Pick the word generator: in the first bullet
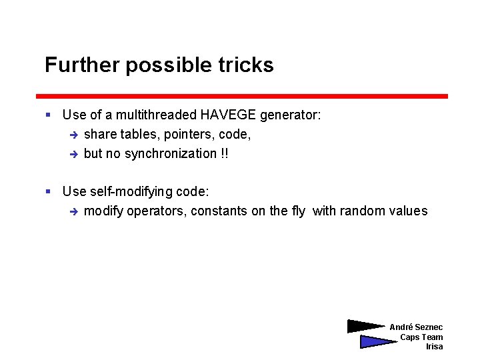coord(291,115)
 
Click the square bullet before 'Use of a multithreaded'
coord(48,115)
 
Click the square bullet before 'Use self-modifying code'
coord(48,192)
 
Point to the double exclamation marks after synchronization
coord(224,154)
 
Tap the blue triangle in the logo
coord(376,342)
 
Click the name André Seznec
coord(416,327)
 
